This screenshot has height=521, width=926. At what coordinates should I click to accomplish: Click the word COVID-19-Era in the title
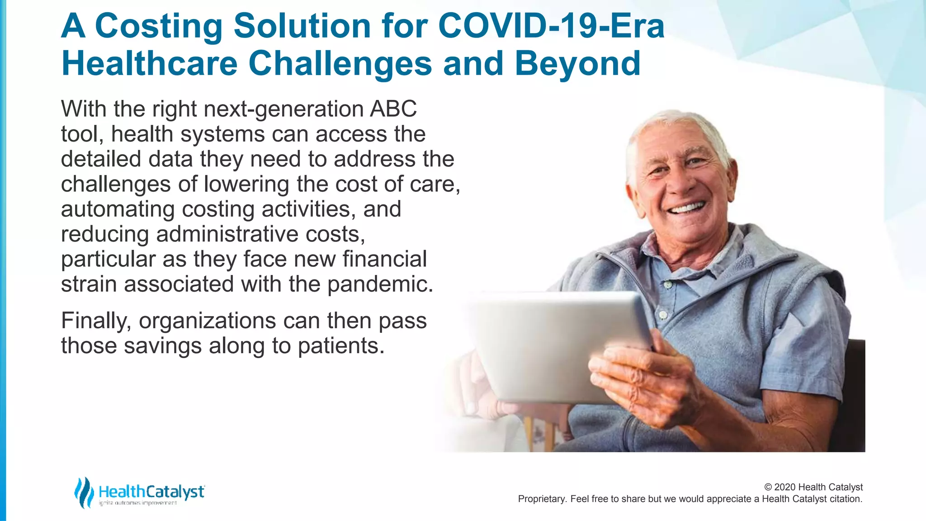coord(551,26)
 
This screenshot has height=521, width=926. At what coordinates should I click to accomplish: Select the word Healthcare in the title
coord(149,64)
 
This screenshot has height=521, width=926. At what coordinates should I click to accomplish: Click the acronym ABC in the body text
coord(393,109)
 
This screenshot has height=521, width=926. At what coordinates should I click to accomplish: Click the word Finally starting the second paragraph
coord(96,321)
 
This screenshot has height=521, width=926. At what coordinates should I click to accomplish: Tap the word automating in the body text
coord(118,209)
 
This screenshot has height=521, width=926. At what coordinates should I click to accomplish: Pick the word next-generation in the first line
coord(283,109)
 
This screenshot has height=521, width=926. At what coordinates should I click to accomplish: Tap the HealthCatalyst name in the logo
coord(151,491)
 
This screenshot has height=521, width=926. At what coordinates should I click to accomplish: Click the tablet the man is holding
coord(556,344)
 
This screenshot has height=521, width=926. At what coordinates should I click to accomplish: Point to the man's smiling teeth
coord(687,208)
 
